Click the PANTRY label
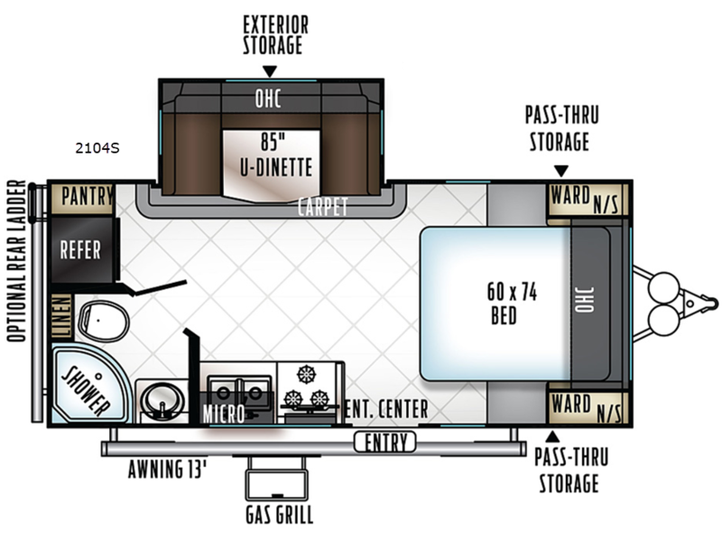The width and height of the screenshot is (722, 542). point(88,196)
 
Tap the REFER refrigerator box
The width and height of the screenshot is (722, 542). point(82,250)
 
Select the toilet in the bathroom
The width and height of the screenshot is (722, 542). point(104,322)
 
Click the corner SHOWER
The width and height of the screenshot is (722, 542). point(88,385)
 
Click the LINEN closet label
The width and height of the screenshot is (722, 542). point(62,315)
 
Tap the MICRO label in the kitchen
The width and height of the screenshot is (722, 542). point(224,414)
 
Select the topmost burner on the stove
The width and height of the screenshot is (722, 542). point(305,374)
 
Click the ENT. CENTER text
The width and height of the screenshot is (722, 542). point(386,409)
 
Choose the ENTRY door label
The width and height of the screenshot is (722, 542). point(386,443)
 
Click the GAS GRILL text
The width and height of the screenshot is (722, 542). point(279,515)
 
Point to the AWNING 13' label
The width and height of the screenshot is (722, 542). point(167,470)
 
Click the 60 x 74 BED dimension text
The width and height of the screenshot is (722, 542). point(511,304)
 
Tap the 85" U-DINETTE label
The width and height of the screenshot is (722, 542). point(276,154)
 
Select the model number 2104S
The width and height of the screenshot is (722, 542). point(97,148)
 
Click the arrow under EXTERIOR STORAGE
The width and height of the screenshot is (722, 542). point(269,71)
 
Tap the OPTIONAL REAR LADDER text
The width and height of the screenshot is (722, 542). point(17,261)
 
